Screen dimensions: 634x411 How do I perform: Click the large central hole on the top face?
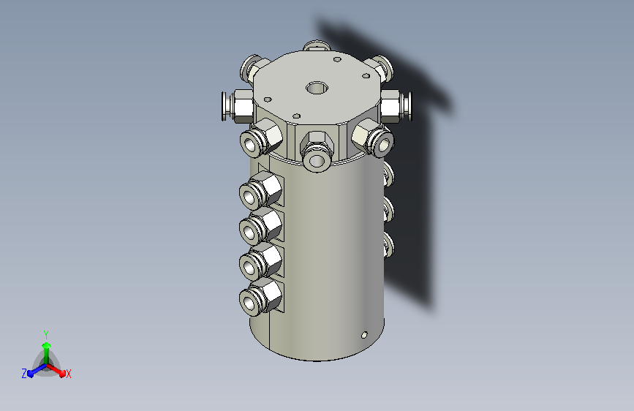[x=317, y=87]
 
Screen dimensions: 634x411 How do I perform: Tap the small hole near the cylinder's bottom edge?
[x=364, y=335]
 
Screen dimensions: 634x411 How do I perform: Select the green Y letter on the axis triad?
[x=46, y=334]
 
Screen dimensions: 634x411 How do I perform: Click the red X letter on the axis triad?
[x=68, y=374]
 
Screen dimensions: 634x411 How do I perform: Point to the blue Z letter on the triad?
[x=24, y=374]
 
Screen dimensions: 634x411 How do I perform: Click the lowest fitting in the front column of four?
[x=260, y=297]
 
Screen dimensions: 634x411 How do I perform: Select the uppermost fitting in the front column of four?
[x=260, y=190]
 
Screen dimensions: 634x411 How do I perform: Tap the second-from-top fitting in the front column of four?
[x=260, y=226]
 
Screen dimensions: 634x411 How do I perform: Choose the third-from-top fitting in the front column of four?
[x=260, y=261]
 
